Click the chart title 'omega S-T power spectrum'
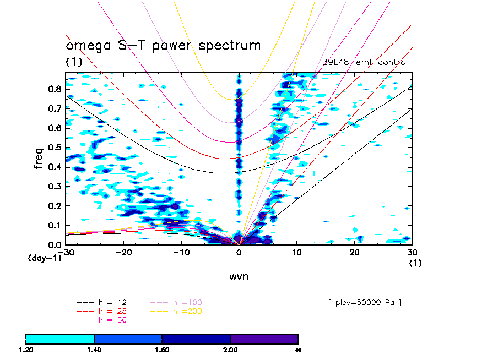pos(163,46)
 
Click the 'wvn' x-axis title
pos(239,276)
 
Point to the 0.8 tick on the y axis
pos(54,89)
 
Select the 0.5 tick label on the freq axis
pos(54,148)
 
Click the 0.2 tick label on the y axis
pos(54,206)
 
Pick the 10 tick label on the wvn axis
pos(297,252)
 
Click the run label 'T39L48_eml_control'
pos(362,63)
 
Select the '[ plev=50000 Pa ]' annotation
pos(364,303)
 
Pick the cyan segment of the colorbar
pos(60,339)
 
